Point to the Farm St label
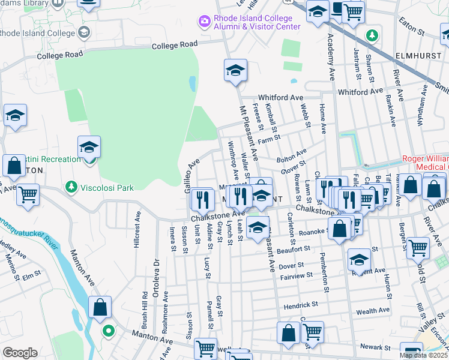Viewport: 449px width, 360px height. click(269, 139)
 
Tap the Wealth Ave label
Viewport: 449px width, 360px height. click(373, 311)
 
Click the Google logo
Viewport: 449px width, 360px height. click(20, 353)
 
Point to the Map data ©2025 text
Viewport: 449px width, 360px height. click(423, 355)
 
